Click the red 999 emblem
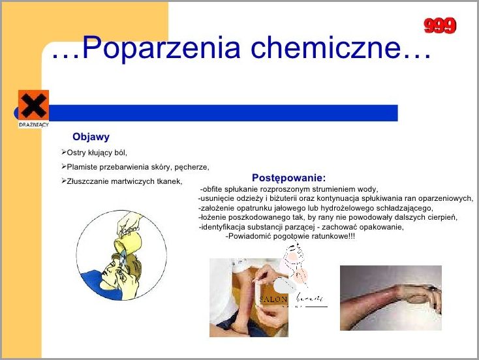coord(440,25)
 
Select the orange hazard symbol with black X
coord(33,104)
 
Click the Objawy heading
coord(91,137)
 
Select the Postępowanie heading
coord(288,177)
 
